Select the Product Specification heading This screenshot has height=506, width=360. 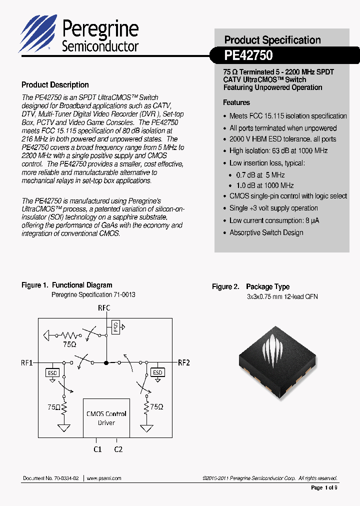pyautogui.click(x=272, y=40)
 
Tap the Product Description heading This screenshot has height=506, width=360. pyautogui.click(x=55, y=85)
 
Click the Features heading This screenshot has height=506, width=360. pyautogui.click(x=236, y=102)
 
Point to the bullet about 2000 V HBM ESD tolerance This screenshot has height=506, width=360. pyautogui.click(x=282, y=139)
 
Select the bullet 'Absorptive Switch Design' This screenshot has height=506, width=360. pyautogui.click(x=266, y=232)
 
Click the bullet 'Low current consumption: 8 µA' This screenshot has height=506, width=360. pyautogui.click(x=274, y=220)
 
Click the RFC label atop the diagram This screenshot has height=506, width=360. pyautogui.click(x=103, y=308)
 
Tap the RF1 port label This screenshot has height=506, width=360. pyautogui.click(x=26, y=362)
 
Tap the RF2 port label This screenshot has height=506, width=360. pyautogui.click(x=184, y=362)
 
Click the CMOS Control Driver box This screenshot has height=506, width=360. pyautogui.click(x=106, y=418)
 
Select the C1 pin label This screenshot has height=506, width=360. pyautogui.click(x=97, y=449)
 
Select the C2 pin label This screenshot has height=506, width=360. pyautogui.click(x=118, y=449)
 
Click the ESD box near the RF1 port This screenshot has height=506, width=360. pyautogui.click(x=52, y=372)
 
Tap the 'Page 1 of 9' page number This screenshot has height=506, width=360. pyautogui.click(x=324, y=487)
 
